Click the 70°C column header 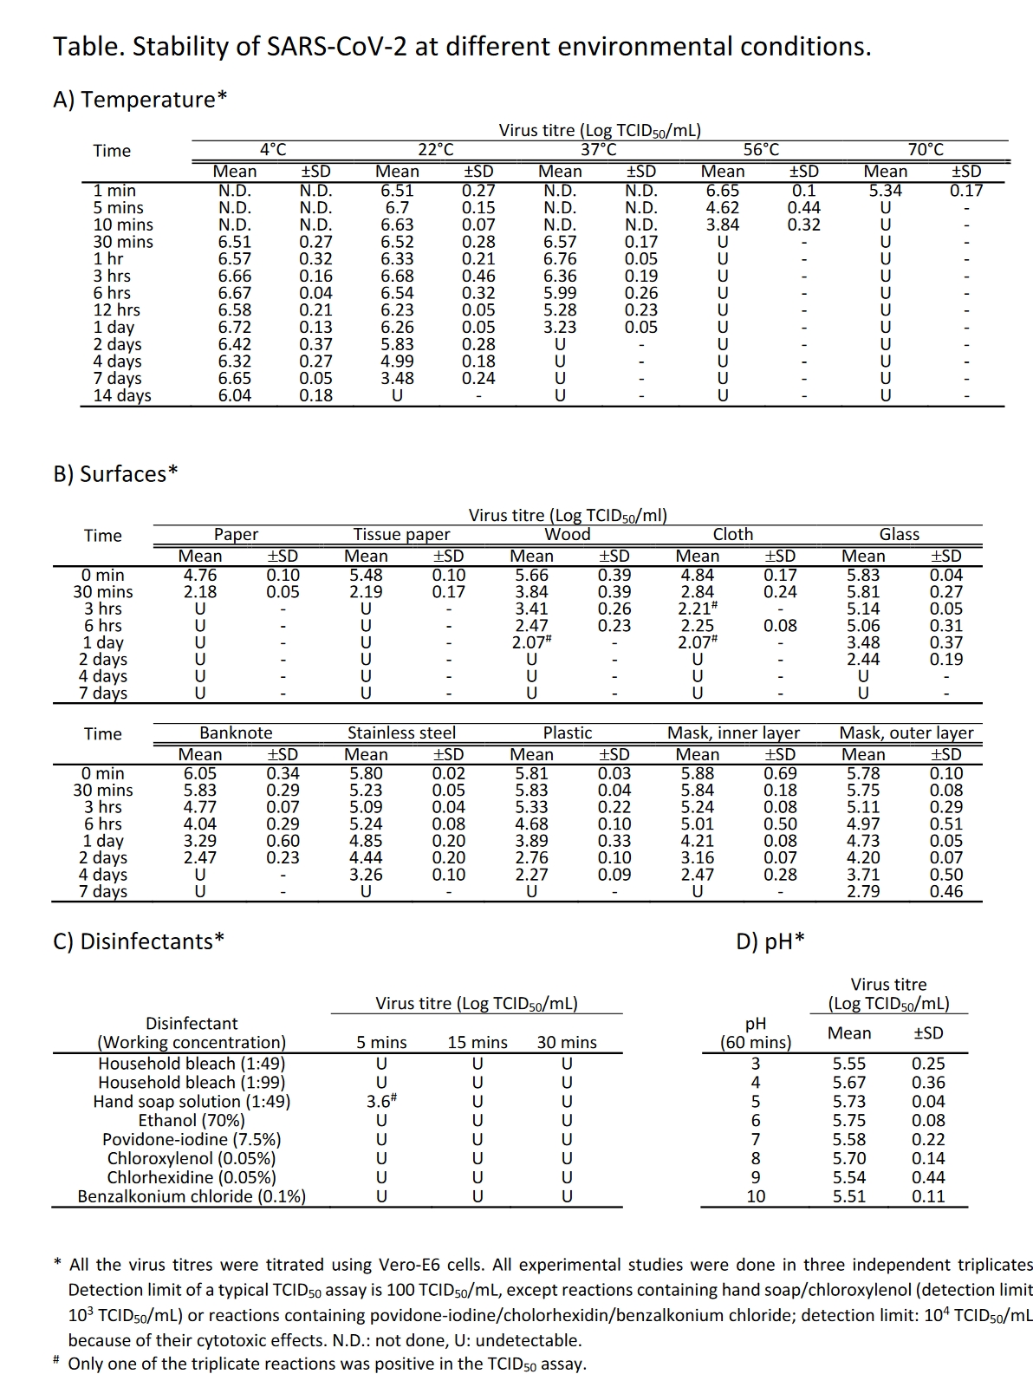click(x=926, y=150)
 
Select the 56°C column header click(x=761, y=150)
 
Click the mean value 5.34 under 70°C click(x=885, y=191)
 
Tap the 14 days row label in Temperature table click(x=122, y=396)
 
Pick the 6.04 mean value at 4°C click(x=235, y=396)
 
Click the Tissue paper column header click(x=401, y=535)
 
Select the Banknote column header click(x=236, y=733)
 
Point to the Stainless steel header click(x=401, y=733)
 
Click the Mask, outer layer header click(x=906, y=733)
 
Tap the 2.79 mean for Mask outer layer click(x=863, y=891)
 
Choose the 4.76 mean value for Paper click(x=200, y=576)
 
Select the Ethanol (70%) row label click(x=192, y=1121)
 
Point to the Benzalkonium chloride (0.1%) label click(x=192, y=1197)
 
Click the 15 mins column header click(x=478, y=1043)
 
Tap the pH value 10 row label click(x=756, y=1197)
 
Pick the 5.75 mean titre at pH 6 click(x=849, y=1121)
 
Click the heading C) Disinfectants click(x=139, y=941)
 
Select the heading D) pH click(x=770, y=941)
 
